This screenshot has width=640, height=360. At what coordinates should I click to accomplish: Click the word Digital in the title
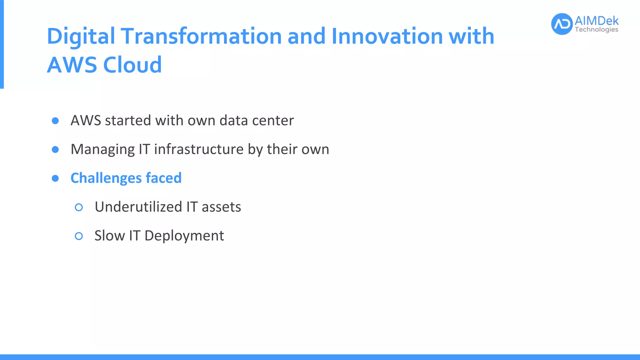point(81,36)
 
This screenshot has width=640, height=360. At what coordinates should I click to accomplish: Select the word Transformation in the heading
point(201,36)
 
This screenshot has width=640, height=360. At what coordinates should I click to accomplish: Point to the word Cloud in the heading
point(132,65)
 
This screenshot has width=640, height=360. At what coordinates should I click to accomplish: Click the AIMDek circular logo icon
point(562,24)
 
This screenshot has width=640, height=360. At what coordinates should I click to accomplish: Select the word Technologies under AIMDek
point(596,30)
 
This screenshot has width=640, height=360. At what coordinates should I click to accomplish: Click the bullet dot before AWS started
point(55,121)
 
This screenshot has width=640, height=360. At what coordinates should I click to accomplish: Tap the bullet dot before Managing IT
point(55,150)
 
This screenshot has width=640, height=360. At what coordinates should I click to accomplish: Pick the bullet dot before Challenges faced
point(55,178)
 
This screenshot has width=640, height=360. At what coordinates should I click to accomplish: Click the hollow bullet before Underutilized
point(79,207)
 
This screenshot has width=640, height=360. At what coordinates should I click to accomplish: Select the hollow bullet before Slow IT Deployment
point(79,236)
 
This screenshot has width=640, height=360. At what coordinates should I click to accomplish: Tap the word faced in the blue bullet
point(163,178)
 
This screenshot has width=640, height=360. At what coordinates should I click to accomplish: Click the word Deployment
point(184,236)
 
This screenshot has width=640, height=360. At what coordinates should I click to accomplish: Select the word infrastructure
point(199,149)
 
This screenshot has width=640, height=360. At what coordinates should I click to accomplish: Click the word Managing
point(102,150)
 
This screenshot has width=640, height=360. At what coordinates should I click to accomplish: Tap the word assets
point(221,207)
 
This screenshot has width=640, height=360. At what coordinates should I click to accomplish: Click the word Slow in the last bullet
point(109,236)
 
